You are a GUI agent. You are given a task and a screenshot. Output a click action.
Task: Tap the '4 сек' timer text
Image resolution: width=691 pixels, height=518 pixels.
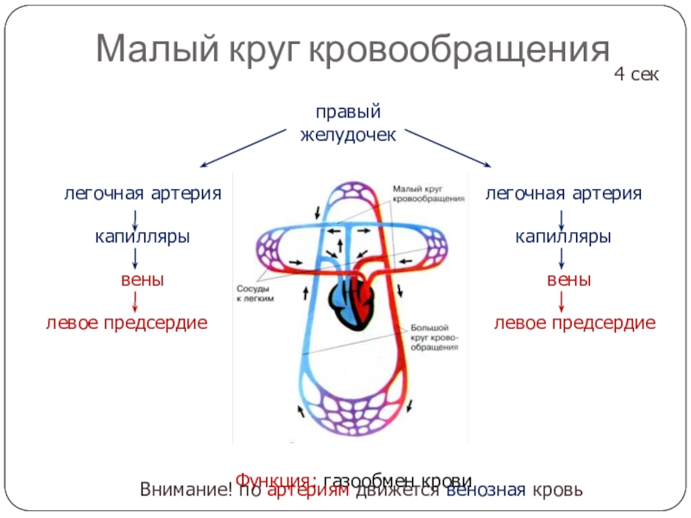point(637,75)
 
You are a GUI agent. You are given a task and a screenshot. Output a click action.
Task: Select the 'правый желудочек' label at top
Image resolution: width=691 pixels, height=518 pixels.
point(347,123)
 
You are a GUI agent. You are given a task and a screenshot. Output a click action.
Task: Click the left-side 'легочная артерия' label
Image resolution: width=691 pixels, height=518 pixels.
point(143,193)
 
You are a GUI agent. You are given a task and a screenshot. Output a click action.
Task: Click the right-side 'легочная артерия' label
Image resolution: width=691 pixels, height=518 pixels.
point(563,193)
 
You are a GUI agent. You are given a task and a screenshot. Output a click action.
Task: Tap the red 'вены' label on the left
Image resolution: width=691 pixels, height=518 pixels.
point(143,280)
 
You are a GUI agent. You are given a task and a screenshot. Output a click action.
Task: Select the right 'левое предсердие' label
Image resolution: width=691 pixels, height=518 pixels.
point(574,323)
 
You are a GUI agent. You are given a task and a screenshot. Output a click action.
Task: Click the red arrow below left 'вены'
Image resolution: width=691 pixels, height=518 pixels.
point(135,301)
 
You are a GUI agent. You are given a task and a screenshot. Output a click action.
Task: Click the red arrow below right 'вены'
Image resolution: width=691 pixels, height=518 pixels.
point(562,301)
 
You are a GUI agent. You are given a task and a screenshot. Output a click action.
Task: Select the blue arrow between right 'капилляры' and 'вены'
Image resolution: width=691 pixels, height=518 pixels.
point(562,257)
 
